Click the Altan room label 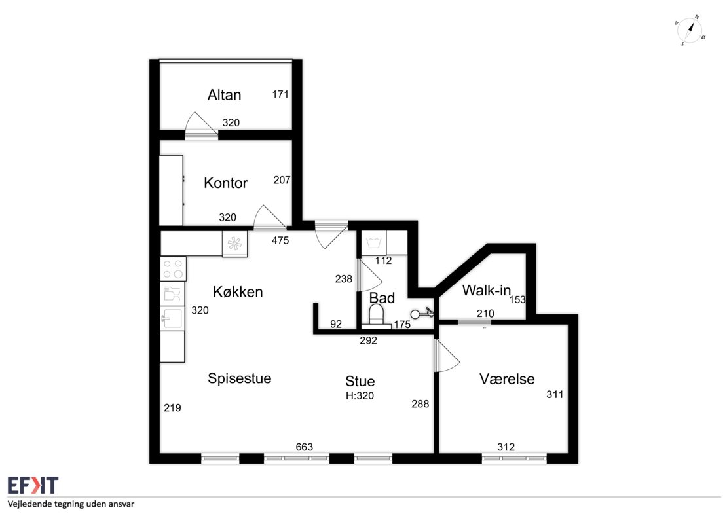tap(225, 95)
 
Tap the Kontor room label tap(226, 183)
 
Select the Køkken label tap(238, 291)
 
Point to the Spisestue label tap(239, 378)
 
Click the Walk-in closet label tap(487, 291)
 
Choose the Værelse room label tap(507, 379)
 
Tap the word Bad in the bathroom tap(382, 298)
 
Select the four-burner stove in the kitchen tap(173, 269)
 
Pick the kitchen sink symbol tap(172, 318)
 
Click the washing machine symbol tap(373, 243)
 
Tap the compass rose tap(690, 31)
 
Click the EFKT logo tap(33, 485)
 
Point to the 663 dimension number tap(304, 447)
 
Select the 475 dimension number tap(280, 240)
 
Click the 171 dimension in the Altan tap(280, 94)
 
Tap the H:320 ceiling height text tap(360, 395)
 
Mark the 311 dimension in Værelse tap(555, 394)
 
